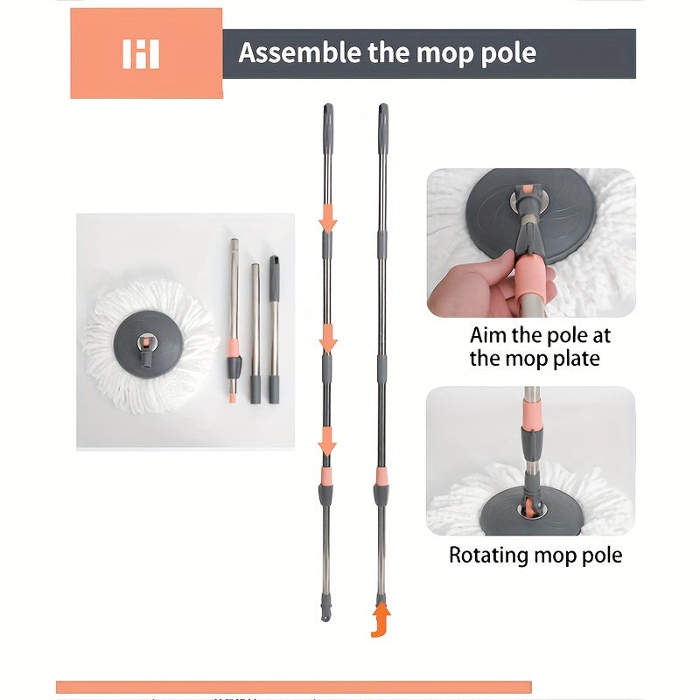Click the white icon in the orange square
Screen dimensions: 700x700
[141, 53]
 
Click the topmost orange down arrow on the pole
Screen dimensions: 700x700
[327, 219]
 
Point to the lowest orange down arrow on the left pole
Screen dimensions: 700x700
[327, 444]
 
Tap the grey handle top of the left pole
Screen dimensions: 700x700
[327, 122]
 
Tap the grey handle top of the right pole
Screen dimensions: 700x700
[382, 122]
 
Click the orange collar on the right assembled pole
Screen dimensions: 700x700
[381, 476]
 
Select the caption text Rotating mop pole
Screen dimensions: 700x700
[535, 555]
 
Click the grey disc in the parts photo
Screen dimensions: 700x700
[147, 334]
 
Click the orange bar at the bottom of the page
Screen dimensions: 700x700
[293, 687]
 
